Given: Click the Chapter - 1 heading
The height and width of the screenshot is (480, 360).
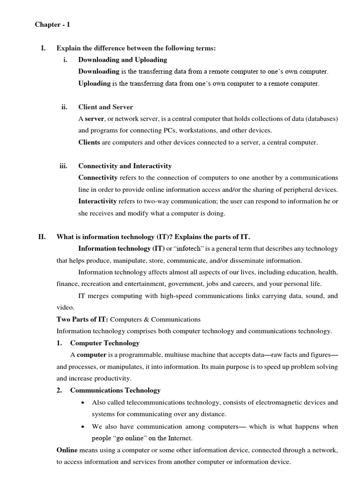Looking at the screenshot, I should [x=52, y=25].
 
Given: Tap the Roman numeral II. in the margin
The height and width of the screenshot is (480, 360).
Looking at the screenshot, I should [x=42, y=237].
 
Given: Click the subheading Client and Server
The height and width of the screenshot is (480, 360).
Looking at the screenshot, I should [x=105, y=107].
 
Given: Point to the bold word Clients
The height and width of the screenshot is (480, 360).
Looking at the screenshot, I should [x=89, y=142].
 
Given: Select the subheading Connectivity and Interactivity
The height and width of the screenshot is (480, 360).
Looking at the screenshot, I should [x=125, y=166].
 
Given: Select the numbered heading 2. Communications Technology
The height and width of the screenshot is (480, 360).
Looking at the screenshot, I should [x=109, y=390].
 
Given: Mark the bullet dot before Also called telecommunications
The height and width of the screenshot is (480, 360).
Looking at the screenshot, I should [x=82, y=403].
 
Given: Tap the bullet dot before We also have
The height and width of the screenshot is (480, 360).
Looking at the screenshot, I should [x=82, y=427].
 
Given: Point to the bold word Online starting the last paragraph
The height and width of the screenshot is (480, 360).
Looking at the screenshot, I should [x=67, y=450].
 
